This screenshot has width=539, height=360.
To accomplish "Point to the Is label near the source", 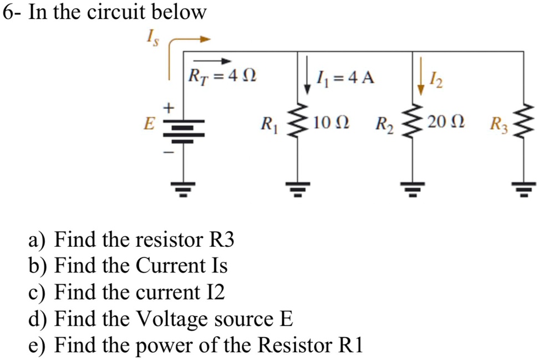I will point(151,40).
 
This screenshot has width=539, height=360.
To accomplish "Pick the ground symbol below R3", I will point(523,190).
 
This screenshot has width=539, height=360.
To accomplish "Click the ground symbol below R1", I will point(300,190).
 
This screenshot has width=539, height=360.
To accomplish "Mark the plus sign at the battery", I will point(171,105).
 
